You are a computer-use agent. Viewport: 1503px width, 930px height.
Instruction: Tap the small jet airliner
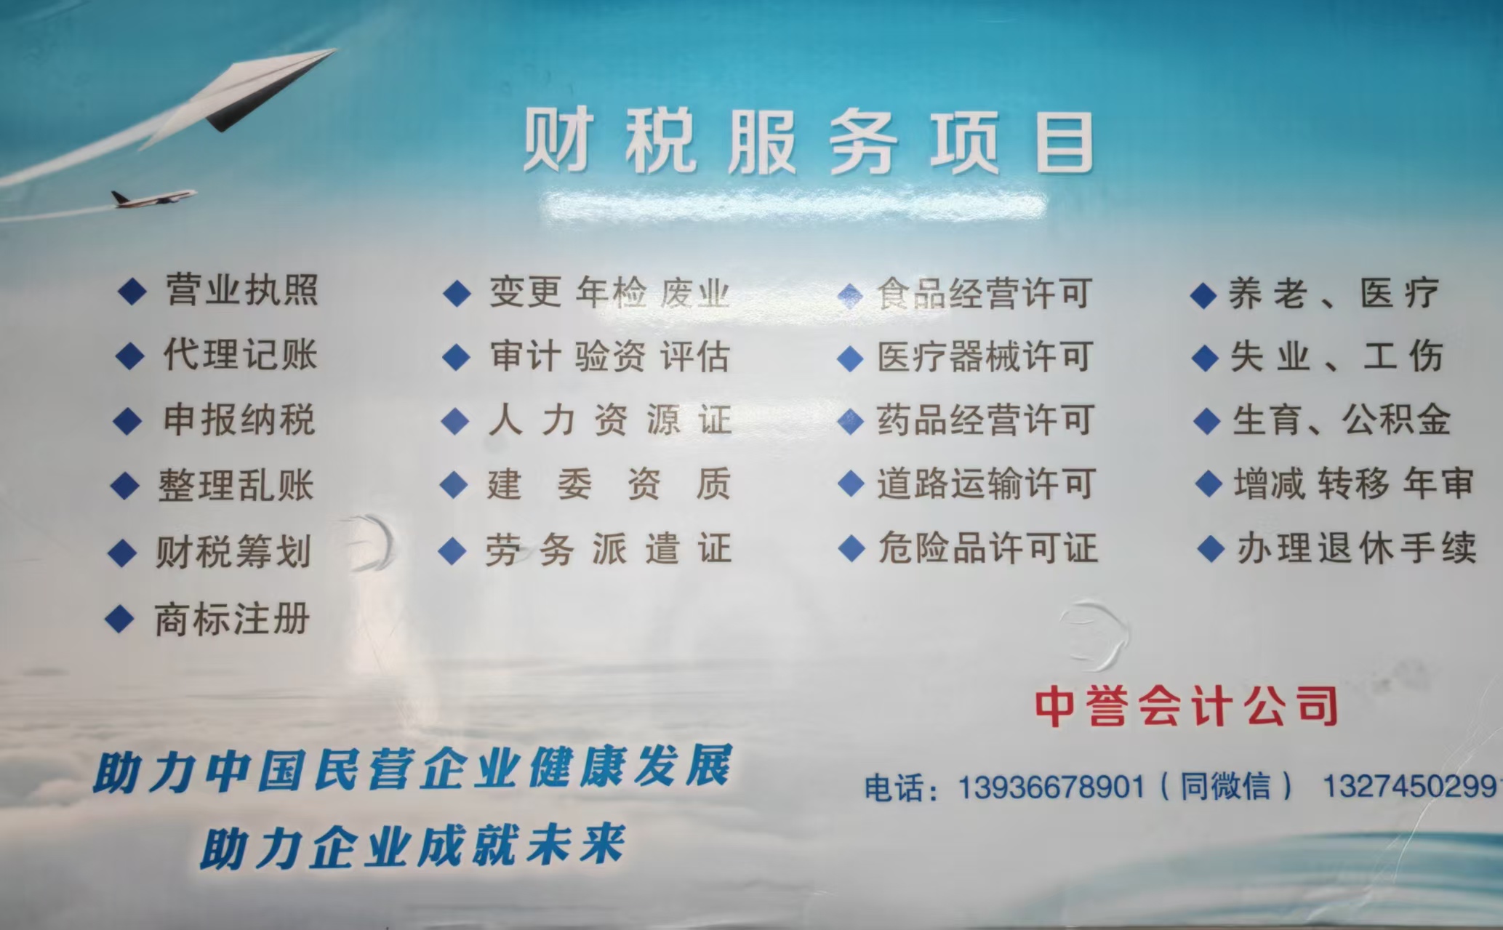pos(153,197)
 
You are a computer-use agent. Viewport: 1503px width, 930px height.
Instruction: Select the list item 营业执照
pos(242,290)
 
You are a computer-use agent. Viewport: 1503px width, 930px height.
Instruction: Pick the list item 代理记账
pos(240,355)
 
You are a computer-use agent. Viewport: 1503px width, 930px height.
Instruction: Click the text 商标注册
pos(232,620)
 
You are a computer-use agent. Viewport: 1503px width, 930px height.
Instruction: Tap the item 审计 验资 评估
pos(609,357)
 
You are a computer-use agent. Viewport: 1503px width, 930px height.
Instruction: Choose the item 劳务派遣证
pos(608,549)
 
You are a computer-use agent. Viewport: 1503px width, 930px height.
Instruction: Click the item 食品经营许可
pos(985,294)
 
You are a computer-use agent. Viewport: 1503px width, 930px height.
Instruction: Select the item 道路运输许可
pos(986,484)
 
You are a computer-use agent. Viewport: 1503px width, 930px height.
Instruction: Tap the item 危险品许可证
pos(987,548)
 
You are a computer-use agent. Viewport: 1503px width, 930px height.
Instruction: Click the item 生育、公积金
pos(1342,420)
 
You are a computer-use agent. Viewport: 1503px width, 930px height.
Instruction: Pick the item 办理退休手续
pos(1357,548)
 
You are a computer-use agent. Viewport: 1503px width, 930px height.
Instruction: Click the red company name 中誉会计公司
pos(1186,706)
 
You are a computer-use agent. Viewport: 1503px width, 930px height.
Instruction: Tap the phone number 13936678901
pos(1051,787)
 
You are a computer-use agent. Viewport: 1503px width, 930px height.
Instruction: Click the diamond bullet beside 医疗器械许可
pos(849,358)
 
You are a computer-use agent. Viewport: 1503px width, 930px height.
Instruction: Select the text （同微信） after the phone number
pos(1227,787)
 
